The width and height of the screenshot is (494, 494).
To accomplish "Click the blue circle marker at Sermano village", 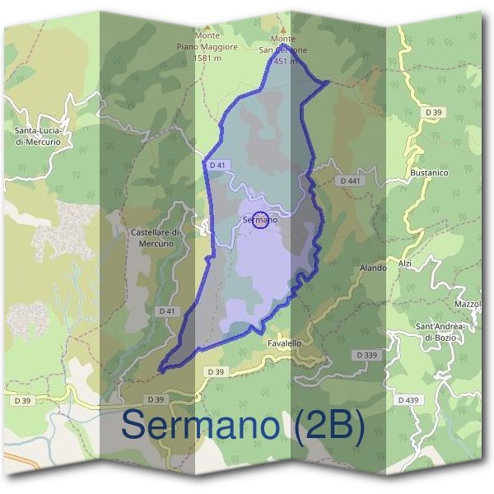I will point(260,220).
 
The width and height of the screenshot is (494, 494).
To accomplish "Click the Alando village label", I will point(373,268).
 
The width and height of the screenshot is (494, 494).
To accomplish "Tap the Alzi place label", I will point(404,263).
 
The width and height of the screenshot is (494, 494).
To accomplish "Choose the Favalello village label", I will point(284,343).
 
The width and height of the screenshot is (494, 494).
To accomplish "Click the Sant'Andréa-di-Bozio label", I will point(440,332).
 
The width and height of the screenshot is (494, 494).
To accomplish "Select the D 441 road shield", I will point(350,180).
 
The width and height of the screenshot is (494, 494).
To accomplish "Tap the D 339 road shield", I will point(367,355).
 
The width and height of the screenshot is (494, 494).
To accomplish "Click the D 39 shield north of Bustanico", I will point(434,112).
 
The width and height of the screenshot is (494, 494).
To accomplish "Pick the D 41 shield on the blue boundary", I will point(217,165).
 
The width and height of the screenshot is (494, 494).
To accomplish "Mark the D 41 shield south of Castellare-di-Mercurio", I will point(167,311).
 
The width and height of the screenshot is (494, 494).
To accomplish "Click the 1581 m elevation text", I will point(206,58).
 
